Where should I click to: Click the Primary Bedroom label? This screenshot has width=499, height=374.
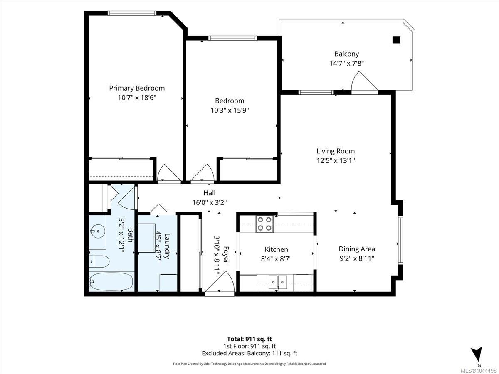(137, 88)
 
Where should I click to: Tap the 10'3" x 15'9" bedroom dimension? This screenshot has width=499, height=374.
(230, 111)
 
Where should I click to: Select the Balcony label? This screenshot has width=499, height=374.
(346, 54)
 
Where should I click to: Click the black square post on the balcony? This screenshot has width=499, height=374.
(396, 40)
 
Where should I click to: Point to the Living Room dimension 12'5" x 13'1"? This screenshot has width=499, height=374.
(336, 161)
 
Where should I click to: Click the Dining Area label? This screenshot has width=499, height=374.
(357, 249)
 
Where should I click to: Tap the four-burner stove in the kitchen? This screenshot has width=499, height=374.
(264, 224)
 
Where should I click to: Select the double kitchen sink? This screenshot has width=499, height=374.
(278, 282)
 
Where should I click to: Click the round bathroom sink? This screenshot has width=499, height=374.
(98, 231)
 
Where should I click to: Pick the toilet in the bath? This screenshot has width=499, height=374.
(99, 261)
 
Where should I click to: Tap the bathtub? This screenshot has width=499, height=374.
(111, 282)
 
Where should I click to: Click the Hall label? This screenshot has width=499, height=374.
(210, 193)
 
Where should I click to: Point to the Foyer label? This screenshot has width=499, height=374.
(225, 255)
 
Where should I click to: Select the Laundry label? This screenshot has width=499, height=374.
(167, 246)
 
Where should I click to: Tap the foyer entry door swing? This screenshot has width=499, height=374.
(220, 281)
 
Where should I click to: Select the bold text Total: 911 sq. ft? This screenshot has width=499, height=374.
(249, 339)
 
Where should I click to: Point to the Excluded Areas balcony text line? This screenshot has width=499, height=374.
(249, 353)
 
